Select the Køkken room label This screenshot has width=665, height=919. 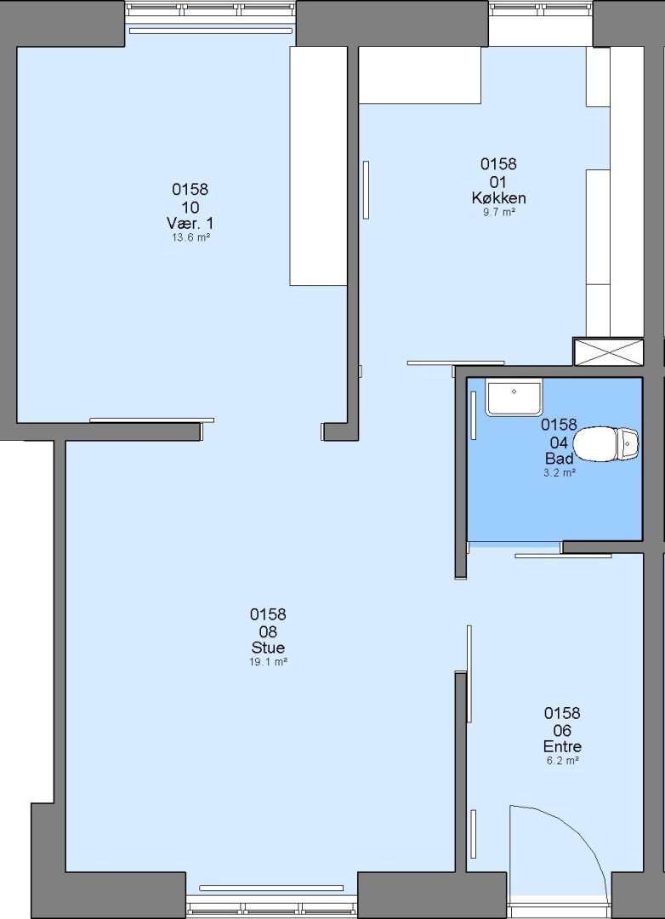point(498,198)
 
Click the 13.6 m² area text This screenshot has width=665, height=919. point(190,238)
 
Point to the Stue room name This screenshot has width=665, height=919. point(269,648)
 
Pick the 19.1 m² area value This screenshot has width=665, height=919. point(269,662)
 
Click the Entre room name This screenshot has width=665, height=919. point(562,747)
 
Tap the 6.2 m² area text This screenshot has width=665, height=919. point(562,761)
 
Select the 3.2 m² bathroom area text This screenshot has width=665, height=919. point(559,472)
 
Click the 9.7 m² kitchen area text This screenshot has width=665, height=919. point(498,213)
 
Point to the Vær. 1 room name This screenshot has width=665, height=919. point(190,223)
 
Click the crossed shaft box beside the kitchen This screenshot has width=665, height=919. point(608,351)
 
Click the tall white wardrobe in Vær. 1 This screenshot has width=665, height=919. point(319,166)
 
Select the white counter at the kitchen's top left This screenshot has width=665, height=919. point(419,75)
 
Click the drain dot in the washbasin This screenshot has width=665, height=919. point(514,391)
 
